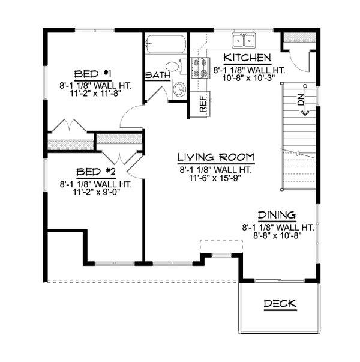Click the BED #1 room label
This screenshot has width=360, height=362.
point(95,74)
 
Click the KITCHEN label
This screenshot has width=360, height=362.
point(247,58)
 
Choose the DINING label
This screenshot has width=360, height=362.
point(277,215)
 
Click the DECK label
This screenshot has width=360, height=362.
point(280,304)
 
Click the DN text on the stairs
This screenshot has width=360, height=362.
point(301,100)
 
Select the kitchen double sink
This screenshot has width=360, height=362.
point(244,40)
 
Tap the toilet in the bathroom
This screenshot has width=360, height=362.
point(172,67)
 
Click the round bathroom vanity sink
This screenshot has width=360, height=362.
point(178,91)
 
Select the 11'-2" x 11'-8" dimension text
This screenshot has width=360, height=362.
point(95,94)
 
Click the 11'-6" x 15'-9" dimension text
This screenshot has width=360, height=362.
point(215,178)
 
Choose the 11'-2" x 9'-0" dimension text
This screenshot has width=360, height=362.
point(95,193)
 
